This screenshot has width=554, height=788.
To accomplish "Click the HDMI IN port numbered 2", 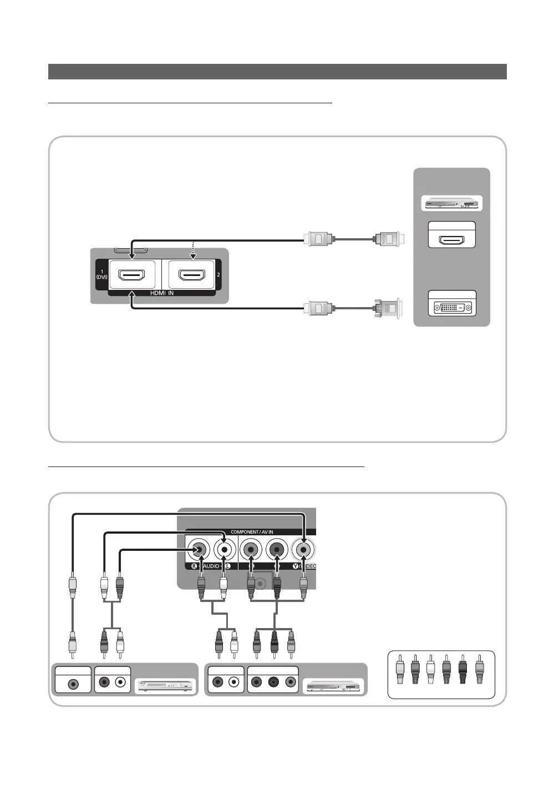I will click(191, 274).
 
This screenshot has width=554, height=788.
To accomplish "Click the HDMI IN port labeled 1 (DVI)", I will click(132, 274).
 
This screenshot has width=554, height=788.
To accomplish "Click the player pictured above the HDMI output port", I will click(452, 203).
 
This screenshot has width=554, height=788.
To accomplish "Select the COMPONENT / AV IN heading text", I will click(252, 532).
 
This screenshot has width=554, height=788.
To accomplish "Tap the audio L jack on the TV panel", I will click(223, 550).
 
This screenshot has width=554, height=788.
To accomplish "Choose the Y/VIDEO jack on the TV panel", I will click(303, 550).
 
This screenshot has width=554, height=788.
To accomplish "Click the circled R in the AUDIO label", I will click(194, 566).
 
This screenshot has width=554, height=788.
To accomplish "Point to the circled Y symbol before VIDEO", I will click(296, 566).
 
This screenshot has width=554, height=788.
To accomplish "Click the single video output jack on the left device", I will click(73, 684).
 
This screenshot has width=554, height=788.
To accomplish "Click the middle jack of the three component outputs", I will click(272, 682).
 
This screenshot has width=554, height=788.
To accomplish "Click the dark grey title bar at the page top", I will click(277, 72).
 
